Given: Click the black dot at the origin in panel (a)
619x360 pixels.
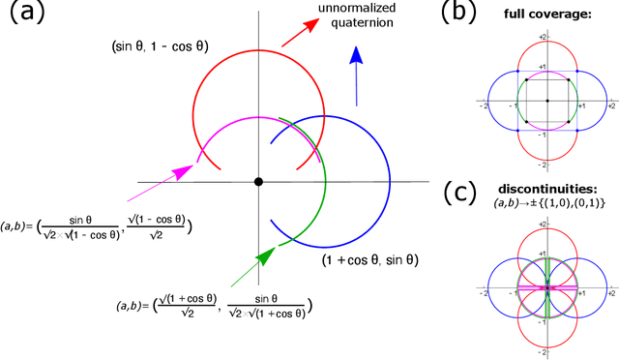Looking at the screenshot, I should click(x=258, y=182).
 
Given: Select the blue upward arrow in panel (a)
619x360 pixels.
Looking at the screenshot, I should click(x=357, y=76).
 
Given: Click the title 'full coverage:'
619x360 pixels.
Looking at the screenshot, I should click(x=545, y=17).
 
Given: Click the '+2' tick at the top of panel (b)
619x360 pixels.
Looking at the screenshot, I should click(x=545, y=37).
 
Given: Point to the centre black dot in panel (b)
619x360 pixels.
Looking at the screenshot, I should click(x=546, y=101).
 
